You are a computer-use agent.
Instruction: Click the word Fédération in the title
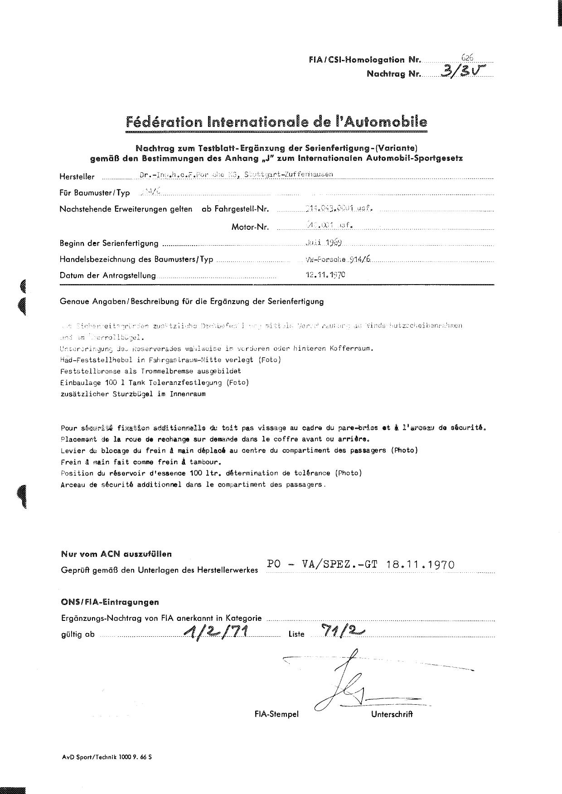point(164,122)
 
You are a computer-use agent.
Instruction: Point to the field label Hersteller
point(77,177)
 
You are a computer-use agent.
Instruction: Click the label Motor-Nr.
point(250,227)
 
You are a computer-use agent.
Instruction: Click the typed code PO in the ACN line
point(274,565)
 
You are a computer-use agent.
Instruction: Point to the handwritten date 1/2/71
point(215,631)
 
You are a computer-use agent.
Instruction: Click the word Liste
point(296,634)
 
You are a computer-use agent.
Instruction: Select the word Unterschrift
point(392,715)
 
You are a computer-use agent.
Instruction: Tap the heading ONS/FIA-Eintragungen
point(110,602)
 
